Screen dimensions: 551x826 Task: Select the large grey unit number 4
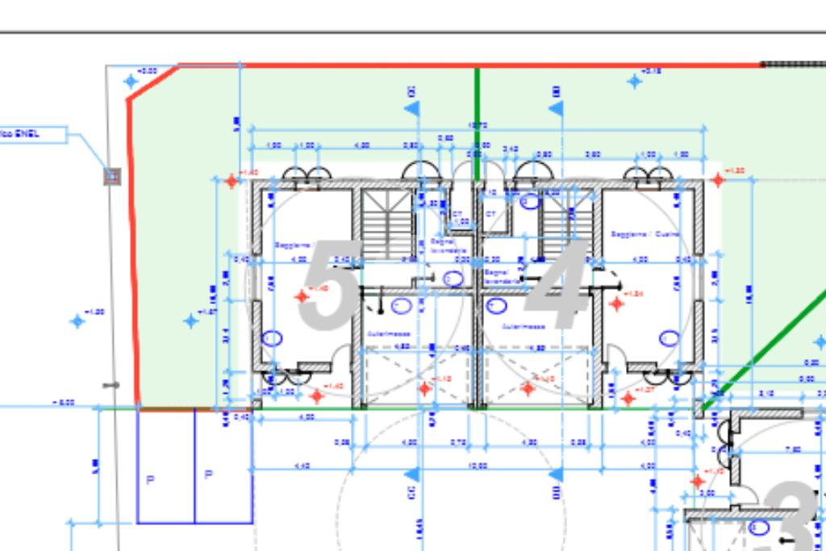[x=559, y=286]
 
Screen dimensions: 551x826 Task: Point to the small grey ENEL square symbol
[x=113, y=175]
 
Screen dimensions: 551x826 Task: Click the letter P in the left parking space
[x=150, y=480]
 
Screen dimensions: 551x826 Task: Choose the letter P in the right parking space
[x=209, y=475]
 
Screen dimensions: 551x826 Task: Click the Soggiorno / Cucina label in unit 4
[x=645, y=234]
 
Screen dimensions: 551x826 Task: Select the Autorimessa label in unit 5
[x=389, y=333]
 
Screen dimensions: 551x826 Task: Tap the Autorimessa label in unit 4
[x=524, y=327]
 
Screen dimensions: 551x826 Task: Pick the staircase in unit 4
[x=567, y=223]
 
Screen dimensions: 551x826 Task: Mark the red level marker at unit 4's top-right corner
[x=718, y=180]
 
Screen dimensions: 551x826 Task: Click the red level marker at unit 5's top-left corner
[x=232, y=181]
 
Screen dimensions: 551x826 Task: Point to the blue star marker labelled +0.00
[x=131, y=81]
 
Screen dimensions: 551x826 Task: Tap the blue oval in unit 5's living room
[x=273, y=338]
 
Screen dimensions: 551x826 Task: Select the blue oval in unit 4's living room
[x=669, y=338]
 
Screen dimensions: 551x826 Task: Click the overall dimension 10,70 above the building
[x=477, y=126]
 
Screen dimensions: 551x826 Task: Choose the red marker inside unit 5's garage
[x=425, y=389]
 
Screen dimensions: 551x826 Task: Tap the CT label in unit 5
[x=457, y=214]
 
